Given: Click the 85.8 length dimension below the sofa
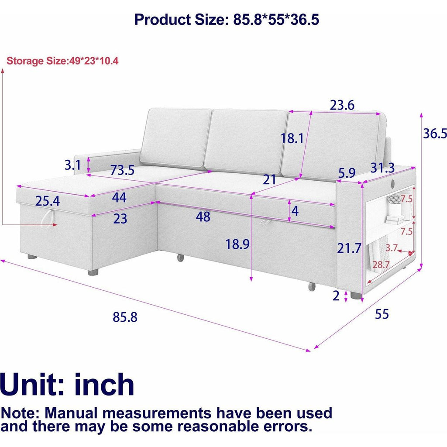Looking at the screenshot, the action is pyautogui.click(x=125, y=317).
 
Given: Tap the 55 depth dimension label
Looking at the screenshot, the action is pyautogui.click(x=382, y=314).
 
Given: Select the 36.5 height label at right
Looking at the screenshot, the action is pyautogui.click(x=435, y=133).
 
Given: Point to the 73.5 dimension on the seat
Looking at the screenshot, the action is pyautogui.click(x=122, y=170).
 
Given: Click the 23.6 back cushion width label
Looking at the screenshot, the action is pyautogui.click(x=342, y=105).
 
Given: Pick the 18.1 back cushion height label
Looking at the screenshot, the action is pyautogui.click(x=292, y=138).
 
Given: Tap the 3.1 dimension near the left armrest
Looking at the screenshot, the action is pyautogui.click(x=73, y=165).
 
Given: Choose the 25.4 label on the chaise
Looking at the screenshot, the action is pyautogui.click(x=48, y=201).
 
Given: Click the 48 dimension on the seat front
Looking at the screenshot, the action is pyautogui.click(x=203, y=217).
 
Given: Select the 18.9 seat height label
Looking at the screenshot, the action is pyautogui.click(x=237, y=244).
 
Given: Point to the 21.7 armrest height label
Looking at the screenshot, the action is pyautogui.click(x=349, y=248).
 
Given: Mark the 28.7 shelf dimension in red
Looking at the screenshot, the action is pyautogui.click(x=381, y=265).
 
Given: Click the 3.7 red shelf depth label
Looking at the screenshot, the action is pyautogui.click(x=392, y=248).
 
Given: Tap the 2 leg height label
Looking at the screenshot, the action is pyautogui.click(x=336, y=296).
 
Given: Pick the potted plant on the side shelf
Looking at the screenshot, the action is pyautogui.click(x=394, y=199).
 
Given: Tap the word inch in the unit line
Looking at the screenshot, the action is pyautogui.click(x=104, y=385).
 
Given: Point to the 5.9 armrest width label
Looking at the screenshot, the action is pyautogui.click(x=347, y=173).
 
